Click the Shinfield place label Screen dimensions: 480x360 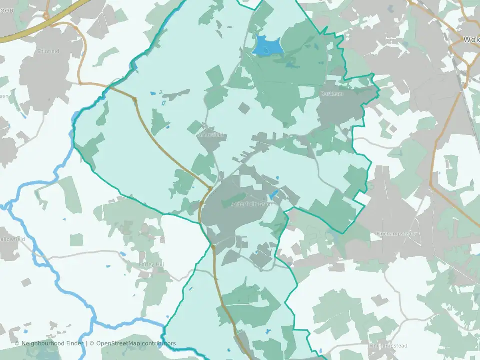point(48,51)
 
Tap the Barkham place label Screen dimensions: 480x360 point(332,94)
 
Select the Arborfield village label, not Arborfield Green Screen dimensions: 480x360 point(212,135)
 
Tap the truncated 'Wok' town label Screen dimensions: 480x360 point(471,39)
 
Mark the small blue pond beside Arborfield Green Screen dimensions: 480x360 point(273,195)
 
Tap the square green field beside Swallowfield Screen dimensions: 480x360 point(76,240)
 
